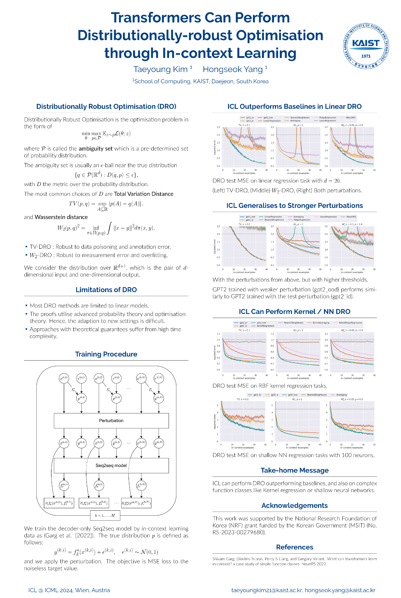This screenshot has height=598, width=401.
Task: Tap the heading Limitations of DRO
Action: (x=106, y=290)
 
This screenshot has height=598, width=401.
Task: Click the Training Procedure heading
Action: (x=106, y=354)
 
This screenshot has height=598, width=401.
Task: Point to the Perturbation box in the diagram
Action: (x=111, y=420)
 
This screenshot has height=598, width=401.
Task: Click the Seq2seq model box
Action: (x=111, y=465)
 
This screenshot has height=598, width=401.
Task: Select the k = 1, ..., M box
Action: (x=105, y=515)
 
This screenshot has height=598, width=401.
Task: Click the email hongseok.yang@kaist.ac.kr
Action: (x=340, y=590)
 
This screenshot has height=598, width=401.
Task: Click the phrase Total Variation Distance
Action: (x=143, y=194)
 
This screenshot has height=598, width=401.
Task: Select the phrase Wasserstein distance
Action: (x=61, y=217)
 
